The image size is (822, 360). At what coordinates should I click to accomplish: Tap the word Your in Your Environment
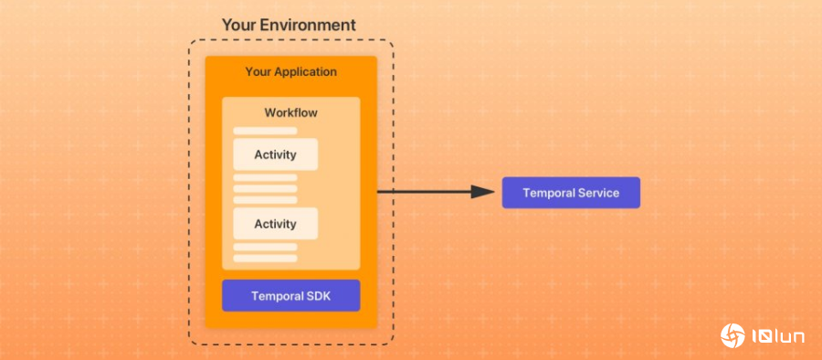(x=238, y=25)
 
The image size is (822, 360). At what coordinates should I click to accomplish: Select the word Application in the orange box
(x=305, y=71)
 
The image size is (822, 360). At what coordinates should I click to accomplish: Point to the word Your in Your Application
(x=258, y=71)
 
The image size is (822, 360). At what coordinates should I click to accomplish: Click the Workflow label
(x=290, y=112)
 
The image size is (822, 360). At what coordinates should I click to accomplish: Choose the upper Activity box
(x=275, y=154)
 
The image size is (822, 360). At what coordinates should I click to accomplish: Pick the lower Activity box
(x=275, y=224)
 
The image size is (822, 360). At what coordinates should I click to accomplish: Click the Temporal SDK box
(x=290, y=295)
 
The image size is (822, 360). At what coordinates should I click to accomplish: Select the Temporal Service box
(x=571, y=193)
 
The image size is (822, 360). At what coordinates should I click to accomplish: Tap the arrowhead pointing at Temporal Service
(x=481, y=192)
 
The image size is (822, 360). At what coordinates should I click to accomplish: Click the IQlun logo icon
(x=732, y=335)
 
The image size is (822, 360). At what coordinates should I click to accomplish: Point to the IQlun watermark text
(x=777, y=336)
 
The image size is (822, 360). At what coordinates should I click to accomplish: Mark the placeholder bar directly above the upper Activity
(x=265, y=132)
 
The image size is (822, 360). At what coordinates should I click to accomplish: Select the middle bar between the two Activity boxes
(x=265, y=189)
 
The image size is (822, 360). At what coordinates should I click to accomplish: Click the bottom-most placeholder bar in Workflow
(x=265, y=259)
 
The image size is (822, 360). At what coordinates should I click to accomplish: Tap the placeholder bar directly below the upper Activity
(x=265, y=178)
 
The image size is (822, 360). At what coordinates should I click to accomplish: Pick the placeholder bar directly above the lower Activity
(x=265, y=200)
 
